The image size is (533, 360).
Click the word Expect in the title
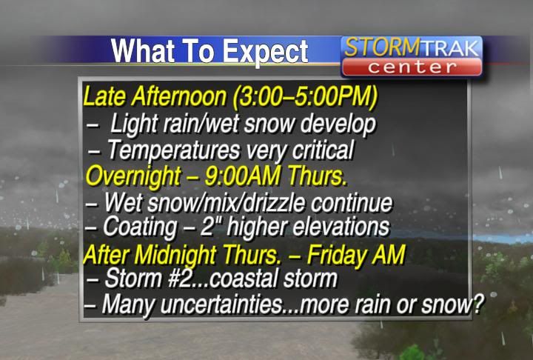click(x=265, y=52)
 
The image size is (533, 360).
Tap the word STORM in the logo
click(x=382, y=47)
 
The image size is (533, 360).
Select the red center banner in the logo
click(x=412, y=67)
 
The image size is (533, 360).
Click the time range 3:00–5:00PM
click(x=304, y=96)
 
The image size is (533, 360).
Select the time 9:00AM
click(x=242, y=176)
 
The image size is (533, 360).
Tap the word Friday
click(x=338, y=256)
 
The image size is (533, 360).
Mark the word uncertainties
click(x=222, y=304)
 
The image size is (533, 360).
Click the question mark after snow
click(x=478, y=304)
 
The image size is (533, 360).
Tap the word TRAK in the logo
click(x=450, y=49)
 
